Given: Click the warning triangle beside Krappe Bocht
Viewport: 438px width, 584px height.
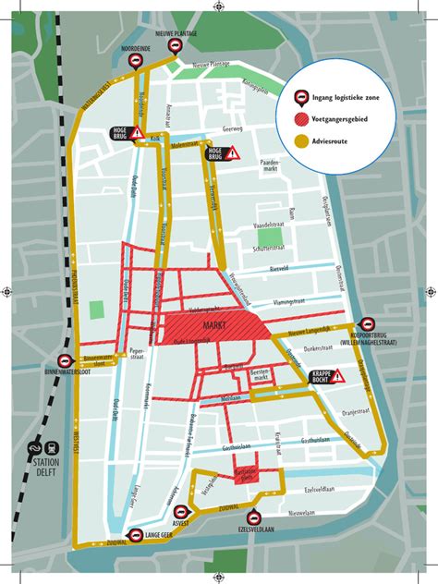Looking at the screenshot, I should (338, 376).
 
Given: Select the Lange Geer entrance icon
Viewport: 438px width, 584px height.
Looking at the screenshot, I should (134, 534).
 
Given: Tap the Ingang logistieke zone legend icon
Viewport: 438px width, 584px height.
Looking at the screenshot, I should (301, 96).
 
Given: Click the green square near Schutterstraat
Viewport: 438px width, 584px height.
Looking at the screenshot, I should (270, 237).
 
